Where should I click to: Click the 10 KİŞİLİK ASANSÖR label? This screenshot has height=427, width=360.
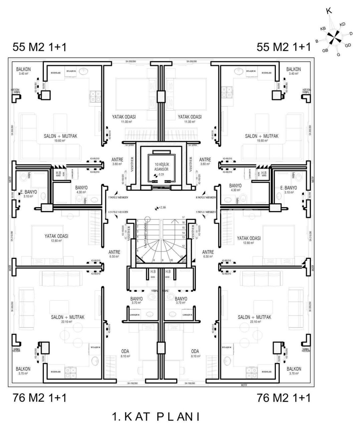click(161, 167)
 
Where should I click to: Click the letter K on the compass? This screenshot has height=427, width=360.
click(329, 11)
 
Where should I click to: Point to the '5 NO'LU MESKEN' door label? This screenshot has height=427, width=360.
click(206, 212)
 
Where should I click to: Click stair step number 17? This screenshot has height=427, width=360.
click(183, 217)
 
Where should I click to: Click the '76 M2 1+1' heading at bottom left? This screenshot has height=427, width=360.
click(39, 398)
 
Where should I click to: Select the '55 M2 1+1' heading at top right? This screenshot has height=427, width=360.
click(284, 47)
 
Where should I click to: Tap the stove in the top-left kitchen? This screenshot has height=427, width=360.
click(95, 96)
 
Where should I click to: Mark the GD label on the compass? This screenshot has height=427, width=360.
click(348, 45)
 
